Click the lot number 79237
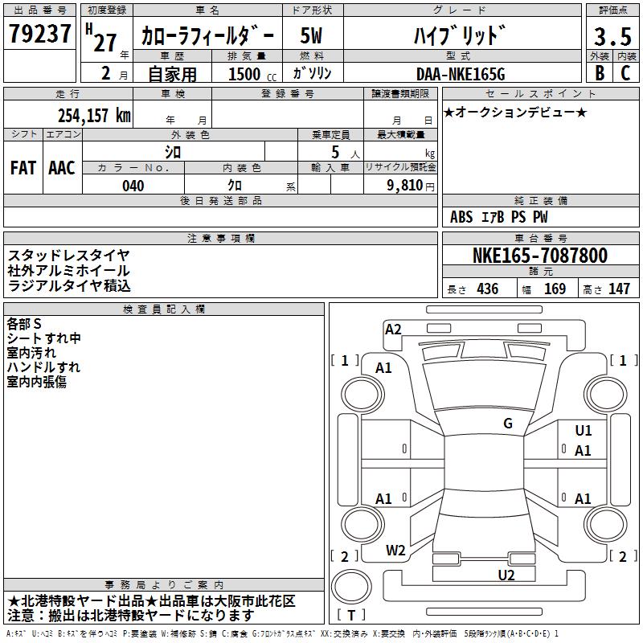click(x=41, y=35)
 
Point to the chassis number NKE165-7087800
click(x=539, y=256)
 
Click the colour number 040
click(x=133, y=186)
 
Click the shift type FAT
click(x=23, y=167)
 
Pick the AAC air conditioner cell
click(x=62, y=167)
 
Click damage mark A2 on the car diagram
click(x=393, y=329)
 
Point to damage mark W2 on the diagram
click(x=395, y=551)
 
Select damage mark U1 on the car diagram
click(x=584, y=431)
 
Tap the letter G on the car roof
click(x=508, y=424)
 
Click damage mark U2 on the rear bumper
click(x=506, y=574)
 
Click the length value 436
click(x=486, y=289)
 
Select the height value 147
click(x=619, y=289)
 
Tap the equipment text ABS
click(x=461, y=217)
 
